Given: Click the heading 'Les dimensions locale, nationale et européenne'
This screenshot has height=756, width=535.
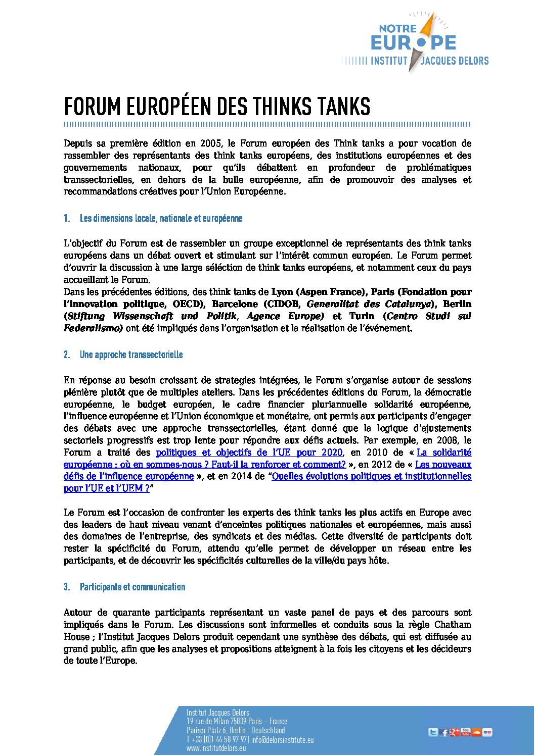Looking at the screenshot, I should click(x=161, y=219).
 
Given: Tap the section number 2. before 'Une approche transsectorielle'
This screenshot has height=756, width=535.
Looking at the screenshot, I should click(x=67, y=355).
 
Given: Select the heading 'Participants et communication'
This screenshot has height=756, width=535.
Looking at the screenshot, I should click(x=132, y=587).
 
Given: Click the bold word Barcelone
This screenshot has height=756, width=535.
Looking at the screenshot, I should click(x=235, y=304).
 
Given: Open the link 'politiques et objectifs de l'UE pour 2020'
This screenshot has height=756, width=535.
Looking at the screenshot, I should click(x=249, y=452).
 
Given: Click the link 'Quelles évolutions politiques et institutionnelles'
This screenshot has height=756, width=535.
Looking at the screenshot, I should click(x=371, y=476).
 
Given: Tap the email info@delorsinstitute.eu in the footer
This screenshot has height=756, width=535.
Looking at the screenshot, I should click(x=282, y=740).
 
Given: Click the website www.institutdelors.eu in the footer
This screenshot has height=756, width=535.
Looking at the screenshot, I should click(x=216, y=748).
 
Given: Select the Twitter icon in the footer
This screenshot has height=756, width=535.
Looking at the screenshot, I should click(x=433, y=732).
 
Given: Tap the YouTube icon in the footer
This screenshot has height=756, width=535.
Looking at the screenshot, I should click(x=466, y=732).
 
